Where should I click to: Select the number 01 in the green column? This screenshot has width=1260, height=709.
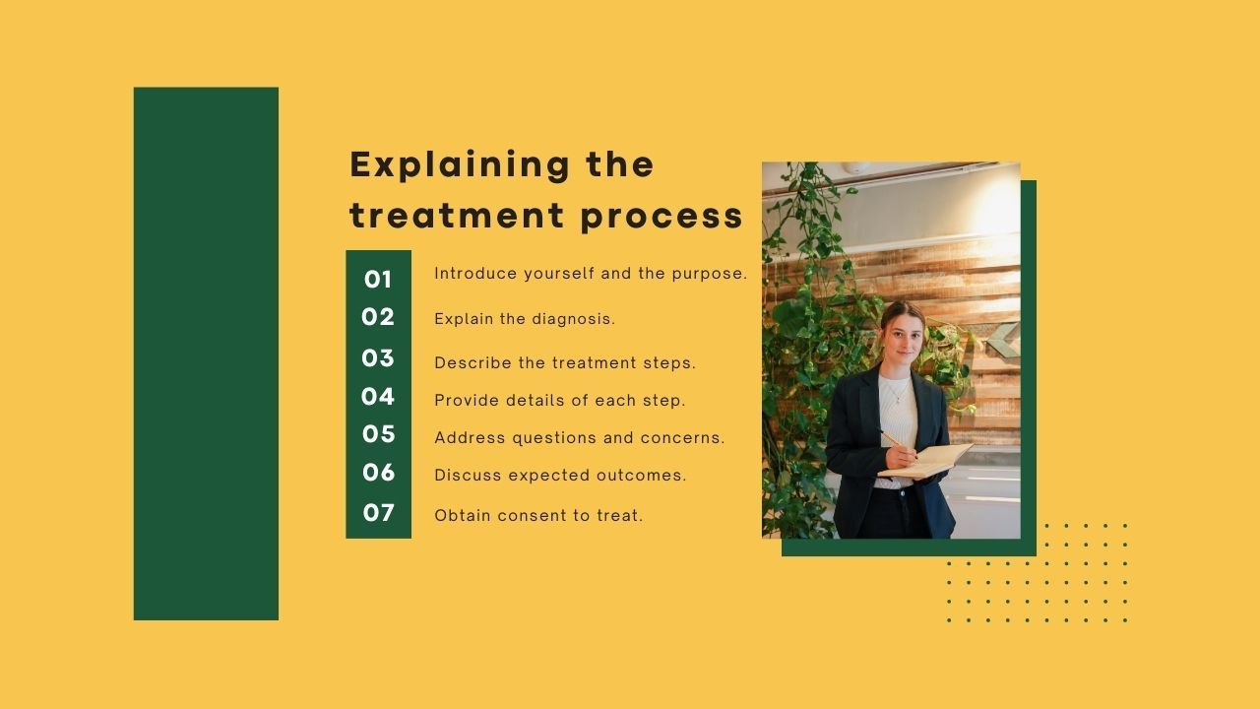coord(378,280)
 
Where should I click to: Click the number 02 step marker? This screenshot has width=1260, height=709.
coord(378,317)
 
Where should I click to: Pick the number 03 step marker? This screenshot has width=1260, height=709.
coord(378,358)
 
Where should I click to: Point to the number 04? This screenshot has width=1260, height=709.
coord(378,397)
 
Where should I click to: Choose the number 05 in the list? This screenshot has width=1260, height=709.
coord(378,434)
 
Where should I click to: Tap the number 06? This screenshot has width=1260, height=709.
coord(378,473)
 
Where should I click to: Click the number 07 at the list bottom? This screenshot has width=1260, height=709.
coord(378,513)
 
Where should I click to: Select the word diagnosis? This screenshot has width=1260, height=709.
coord(573,319)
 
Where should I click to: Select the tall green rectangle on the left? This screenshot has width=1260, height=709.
coord(206,354)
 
